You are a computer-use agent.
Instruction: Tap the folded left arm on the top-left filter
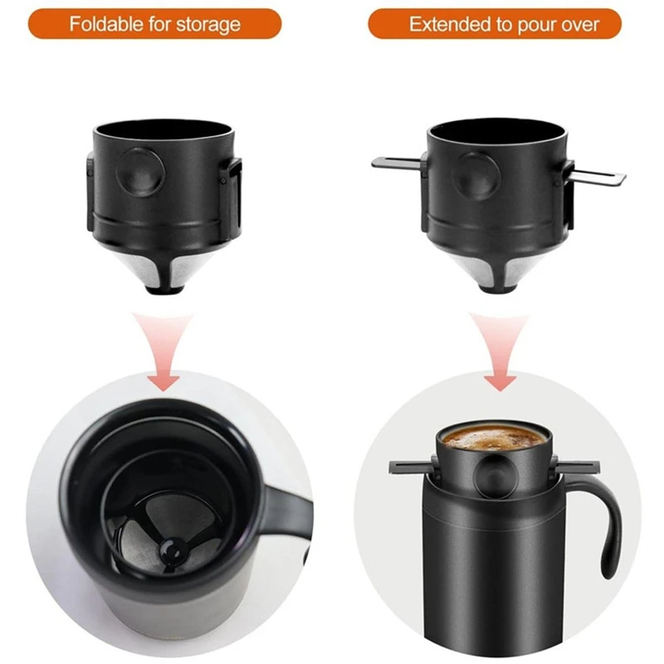coord(90,191)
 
